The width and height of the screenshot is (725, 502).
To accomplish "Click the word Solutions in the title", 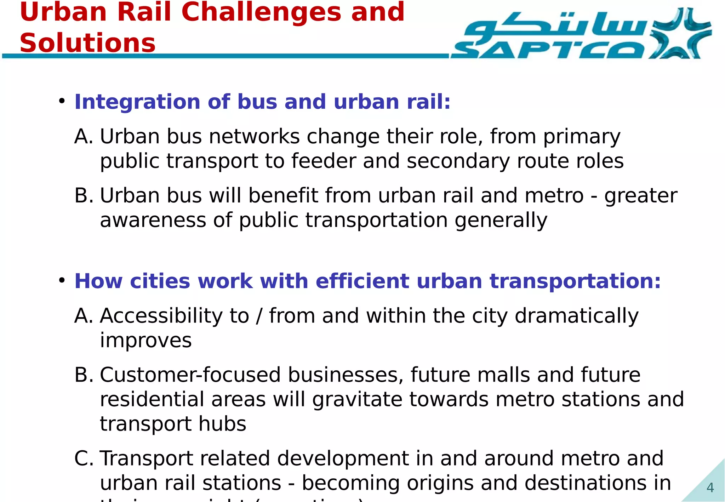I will (87, 43).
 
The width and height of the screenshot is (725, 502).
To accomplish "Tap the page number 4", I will (710, 488).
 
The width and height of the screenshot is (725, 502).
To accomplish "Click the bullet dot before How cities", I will (62, 281).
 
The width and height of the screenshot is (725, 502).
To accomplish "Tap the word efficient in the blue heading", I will (362, 281).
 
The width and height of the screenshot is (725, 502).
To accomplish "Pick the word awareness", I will (153, 220).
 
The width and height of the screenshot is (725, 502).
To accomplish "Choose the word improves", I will (145, 341).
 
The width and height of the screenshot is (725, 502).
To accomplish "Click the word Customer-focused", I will (190, 375).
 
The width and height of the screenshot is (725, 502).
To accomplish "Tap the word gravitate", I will (357, 400).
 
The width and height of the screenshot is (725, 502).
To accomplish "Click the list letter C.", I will (82, 459).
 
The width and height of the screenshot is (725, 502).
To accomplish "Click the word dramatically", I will (576, 316).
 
